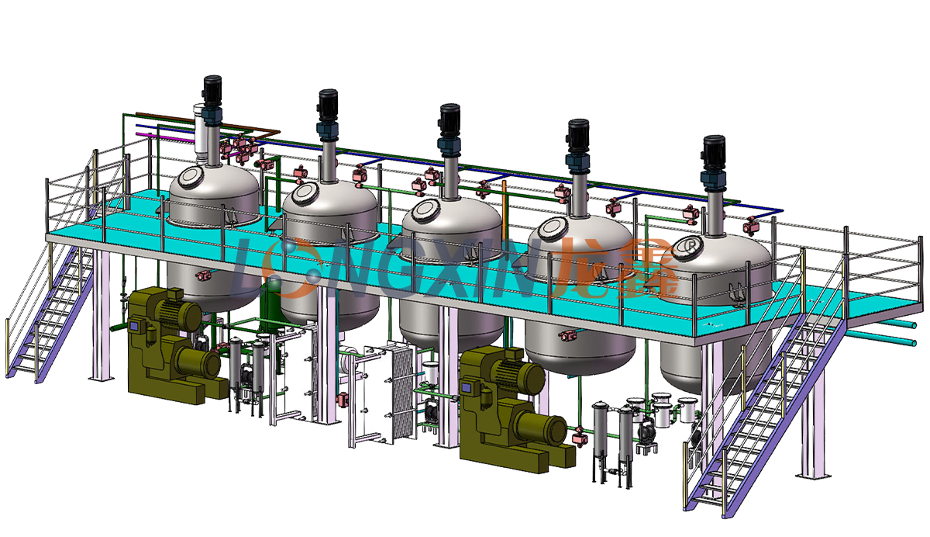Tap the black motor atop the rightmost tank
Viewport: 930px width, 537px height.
pyautogui.click(x=714, y=151)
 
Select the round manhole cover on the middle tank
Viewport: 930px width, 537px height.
pyautogui.click(x=426, y=210)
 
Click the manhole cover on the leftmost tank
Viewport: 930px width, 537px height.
pyautogui.click(x=191, y=177)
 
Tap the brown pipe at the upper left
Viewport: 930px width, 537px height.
pyautogui.click(x=208, y=123)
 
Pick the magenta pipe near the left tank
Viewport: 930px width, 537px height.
pyautogui.click(x=165, y=137)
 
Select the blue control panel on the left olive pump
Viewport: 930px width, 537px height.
pyautogui.click(x=134, y=324)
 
